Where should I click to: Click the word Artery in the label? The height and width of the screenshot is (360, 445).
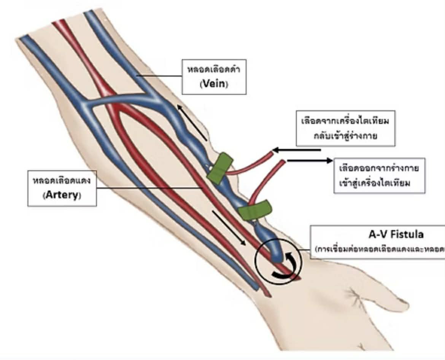click(x=62, y=195)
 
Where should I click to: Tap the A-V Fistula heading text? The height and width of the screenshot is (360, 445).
click(x=394, y=234)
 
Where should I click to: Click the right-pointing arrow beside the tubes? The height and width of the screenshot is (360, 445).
click(x=310, y=161)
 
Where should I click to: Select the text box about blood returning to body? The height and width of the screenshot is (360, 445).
click(x=346, y=128)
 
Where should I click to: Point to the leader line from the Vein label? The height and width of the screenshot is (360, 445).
click(x=160, y=76)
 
